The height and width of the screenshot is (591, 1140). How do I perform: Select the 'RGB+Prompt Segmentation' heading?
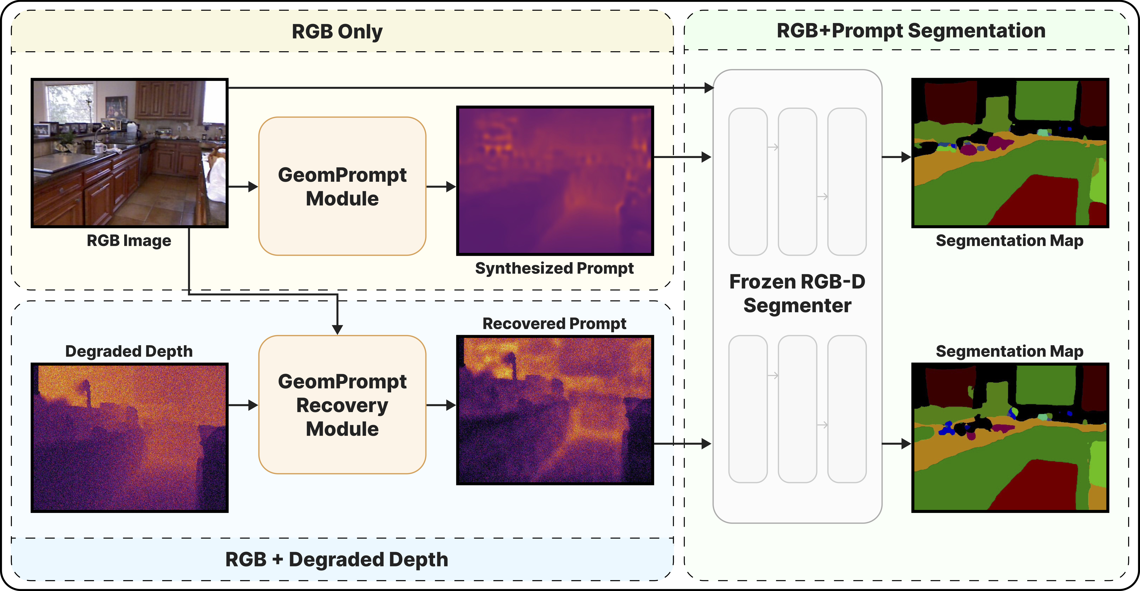[x=911, y=31]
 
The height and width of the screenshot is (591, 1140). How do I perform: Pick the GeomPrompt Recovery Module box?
[x=342, y=405]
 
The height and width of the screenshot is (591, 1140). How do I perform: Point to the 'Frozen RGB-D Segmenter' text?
[x=797, y=293]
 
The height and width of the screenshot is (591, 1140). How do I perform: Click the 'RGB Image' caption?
[x=129, y=241]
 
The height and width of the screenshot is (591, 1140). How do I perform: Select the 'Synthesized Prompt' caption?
[x=554, y=268]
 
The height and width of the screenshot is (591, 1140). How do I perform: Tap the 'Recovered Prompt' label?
[x=554, y=324]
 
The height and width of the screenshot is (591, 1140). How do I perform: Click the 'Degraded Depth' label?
[x=129, y=351]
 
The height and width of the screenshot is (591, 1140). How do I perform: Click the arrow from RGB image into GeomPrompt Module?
[x=242, y=186]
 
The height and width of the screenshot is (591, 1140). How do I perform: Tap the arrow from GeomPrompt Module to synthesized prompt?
[x=441, y=186]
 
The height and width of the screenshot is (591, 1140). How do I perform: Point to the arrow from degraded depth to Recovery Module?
[x=242, y=405]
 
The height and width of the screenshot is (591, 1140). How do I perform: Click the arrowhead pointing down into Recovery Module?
[x=337, y=329]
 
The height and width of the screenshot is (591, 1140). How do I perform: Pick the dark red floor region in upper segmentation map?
[x=1035, y=201]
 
